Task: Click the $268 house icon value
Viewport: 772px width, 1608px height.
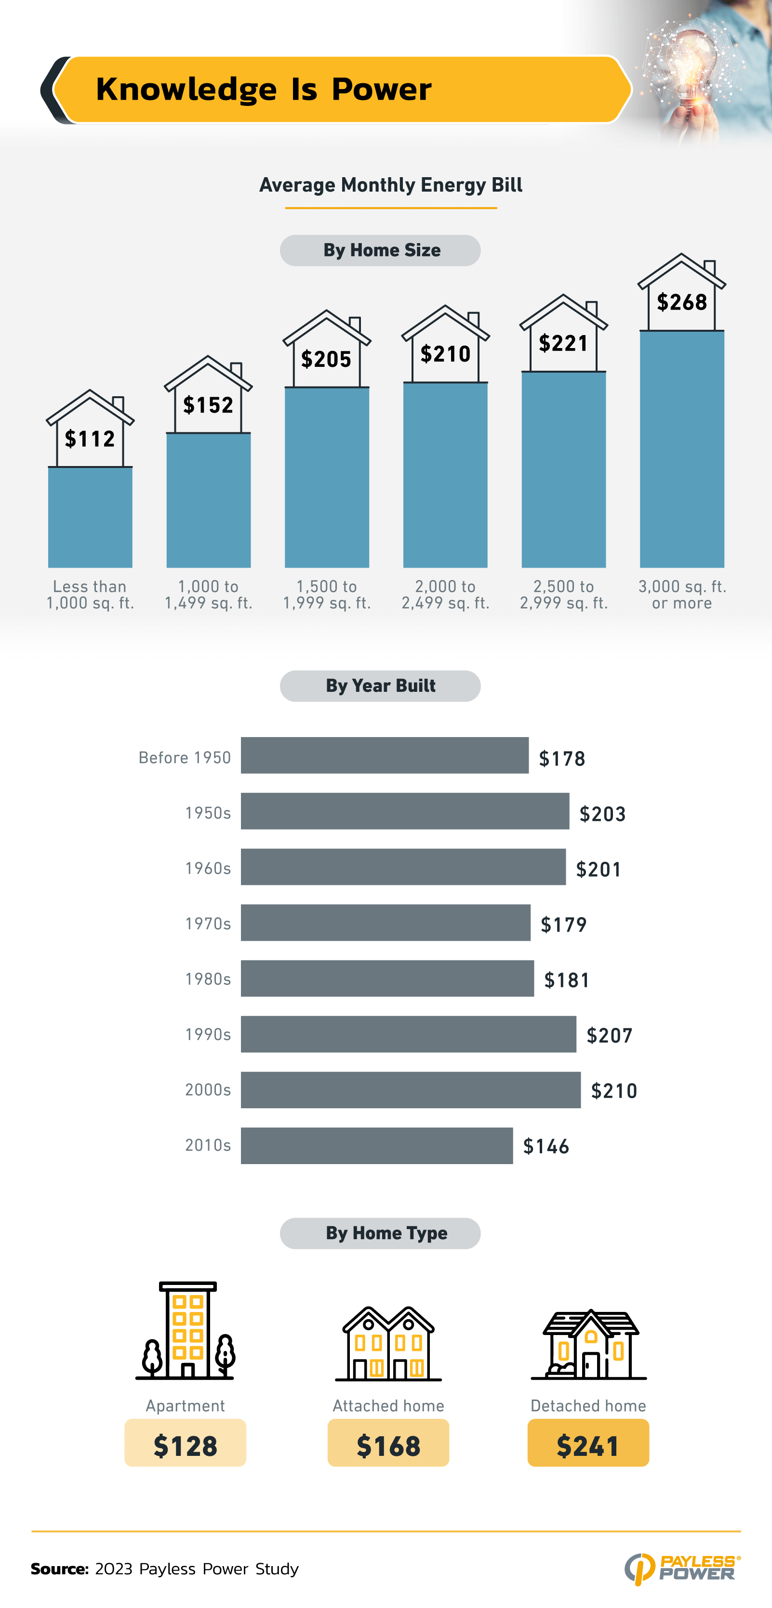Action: [x=681, y=302]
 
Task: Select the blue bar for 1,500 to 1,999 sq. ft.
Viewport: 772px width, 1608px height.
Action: [x=327, y=478]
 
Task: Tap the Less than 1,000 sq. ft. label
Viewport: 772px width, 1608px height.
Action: [x=90, y=594]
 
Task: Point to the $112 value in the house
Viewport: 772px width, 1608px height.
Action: [x=90, y=439]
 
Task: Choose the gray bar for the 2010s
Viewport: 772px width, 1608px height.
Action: [x=377, y=1145]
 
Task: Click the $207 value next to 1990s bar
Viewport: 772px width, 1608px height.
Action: [x=610, y=1036]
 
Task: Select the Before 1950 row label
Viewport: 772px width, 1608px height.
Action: [x=185, y=757]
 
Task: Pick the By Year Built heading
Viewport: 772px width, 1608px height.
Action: [x=380, y=686]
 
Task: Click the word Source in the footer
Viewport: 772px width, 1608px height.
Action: [x=59, y=1569]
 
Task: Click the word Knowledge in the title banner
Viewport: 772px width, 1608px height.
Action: [x=186, y=89]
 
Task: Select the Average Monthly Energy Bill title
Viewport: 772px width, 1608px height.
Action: [x=390, y=185]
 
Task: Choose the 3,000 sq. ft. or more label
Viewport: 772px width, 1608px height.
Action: [x=681, y=594]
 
